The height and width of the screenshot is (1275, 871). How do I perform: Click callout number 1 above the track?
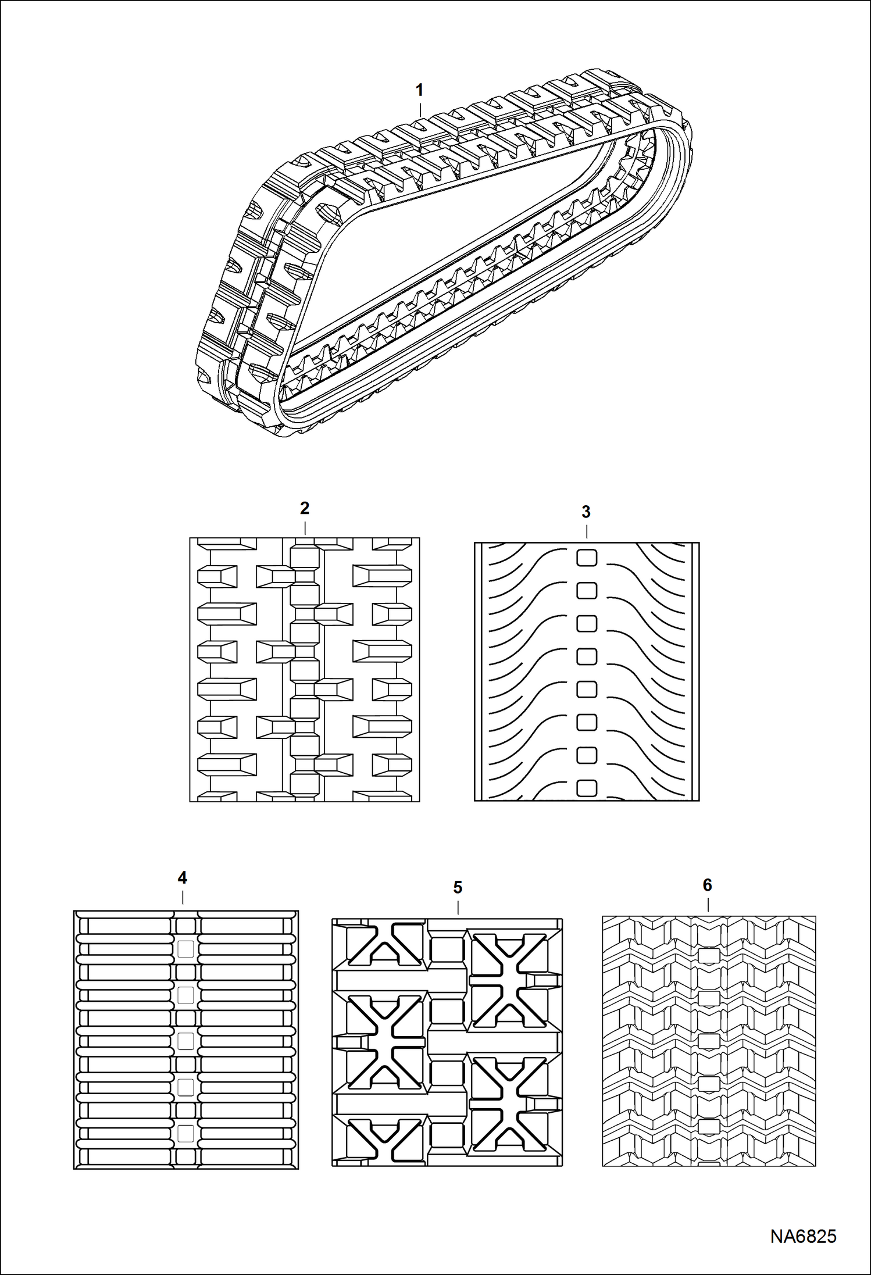coord(419,90)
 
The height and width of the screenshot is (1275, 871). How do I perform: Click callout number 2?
coord(304,508)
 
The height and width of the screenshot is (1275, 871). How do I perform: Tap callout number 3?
coord(586,512)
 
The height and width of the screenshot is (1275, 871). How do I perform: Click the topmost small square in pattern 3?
coord(587,558)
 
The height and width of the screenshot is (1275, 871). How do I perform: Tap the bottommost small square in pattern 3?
coord(587,788)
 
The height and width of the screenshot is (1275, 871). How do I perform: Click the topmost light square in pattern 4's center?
coord(185,948)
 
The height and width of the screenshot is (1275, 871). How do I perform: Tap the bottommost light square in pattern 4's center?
coord(185,1132)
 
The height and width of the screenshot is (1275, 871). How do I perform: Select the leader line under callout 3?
coord(587,531)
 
